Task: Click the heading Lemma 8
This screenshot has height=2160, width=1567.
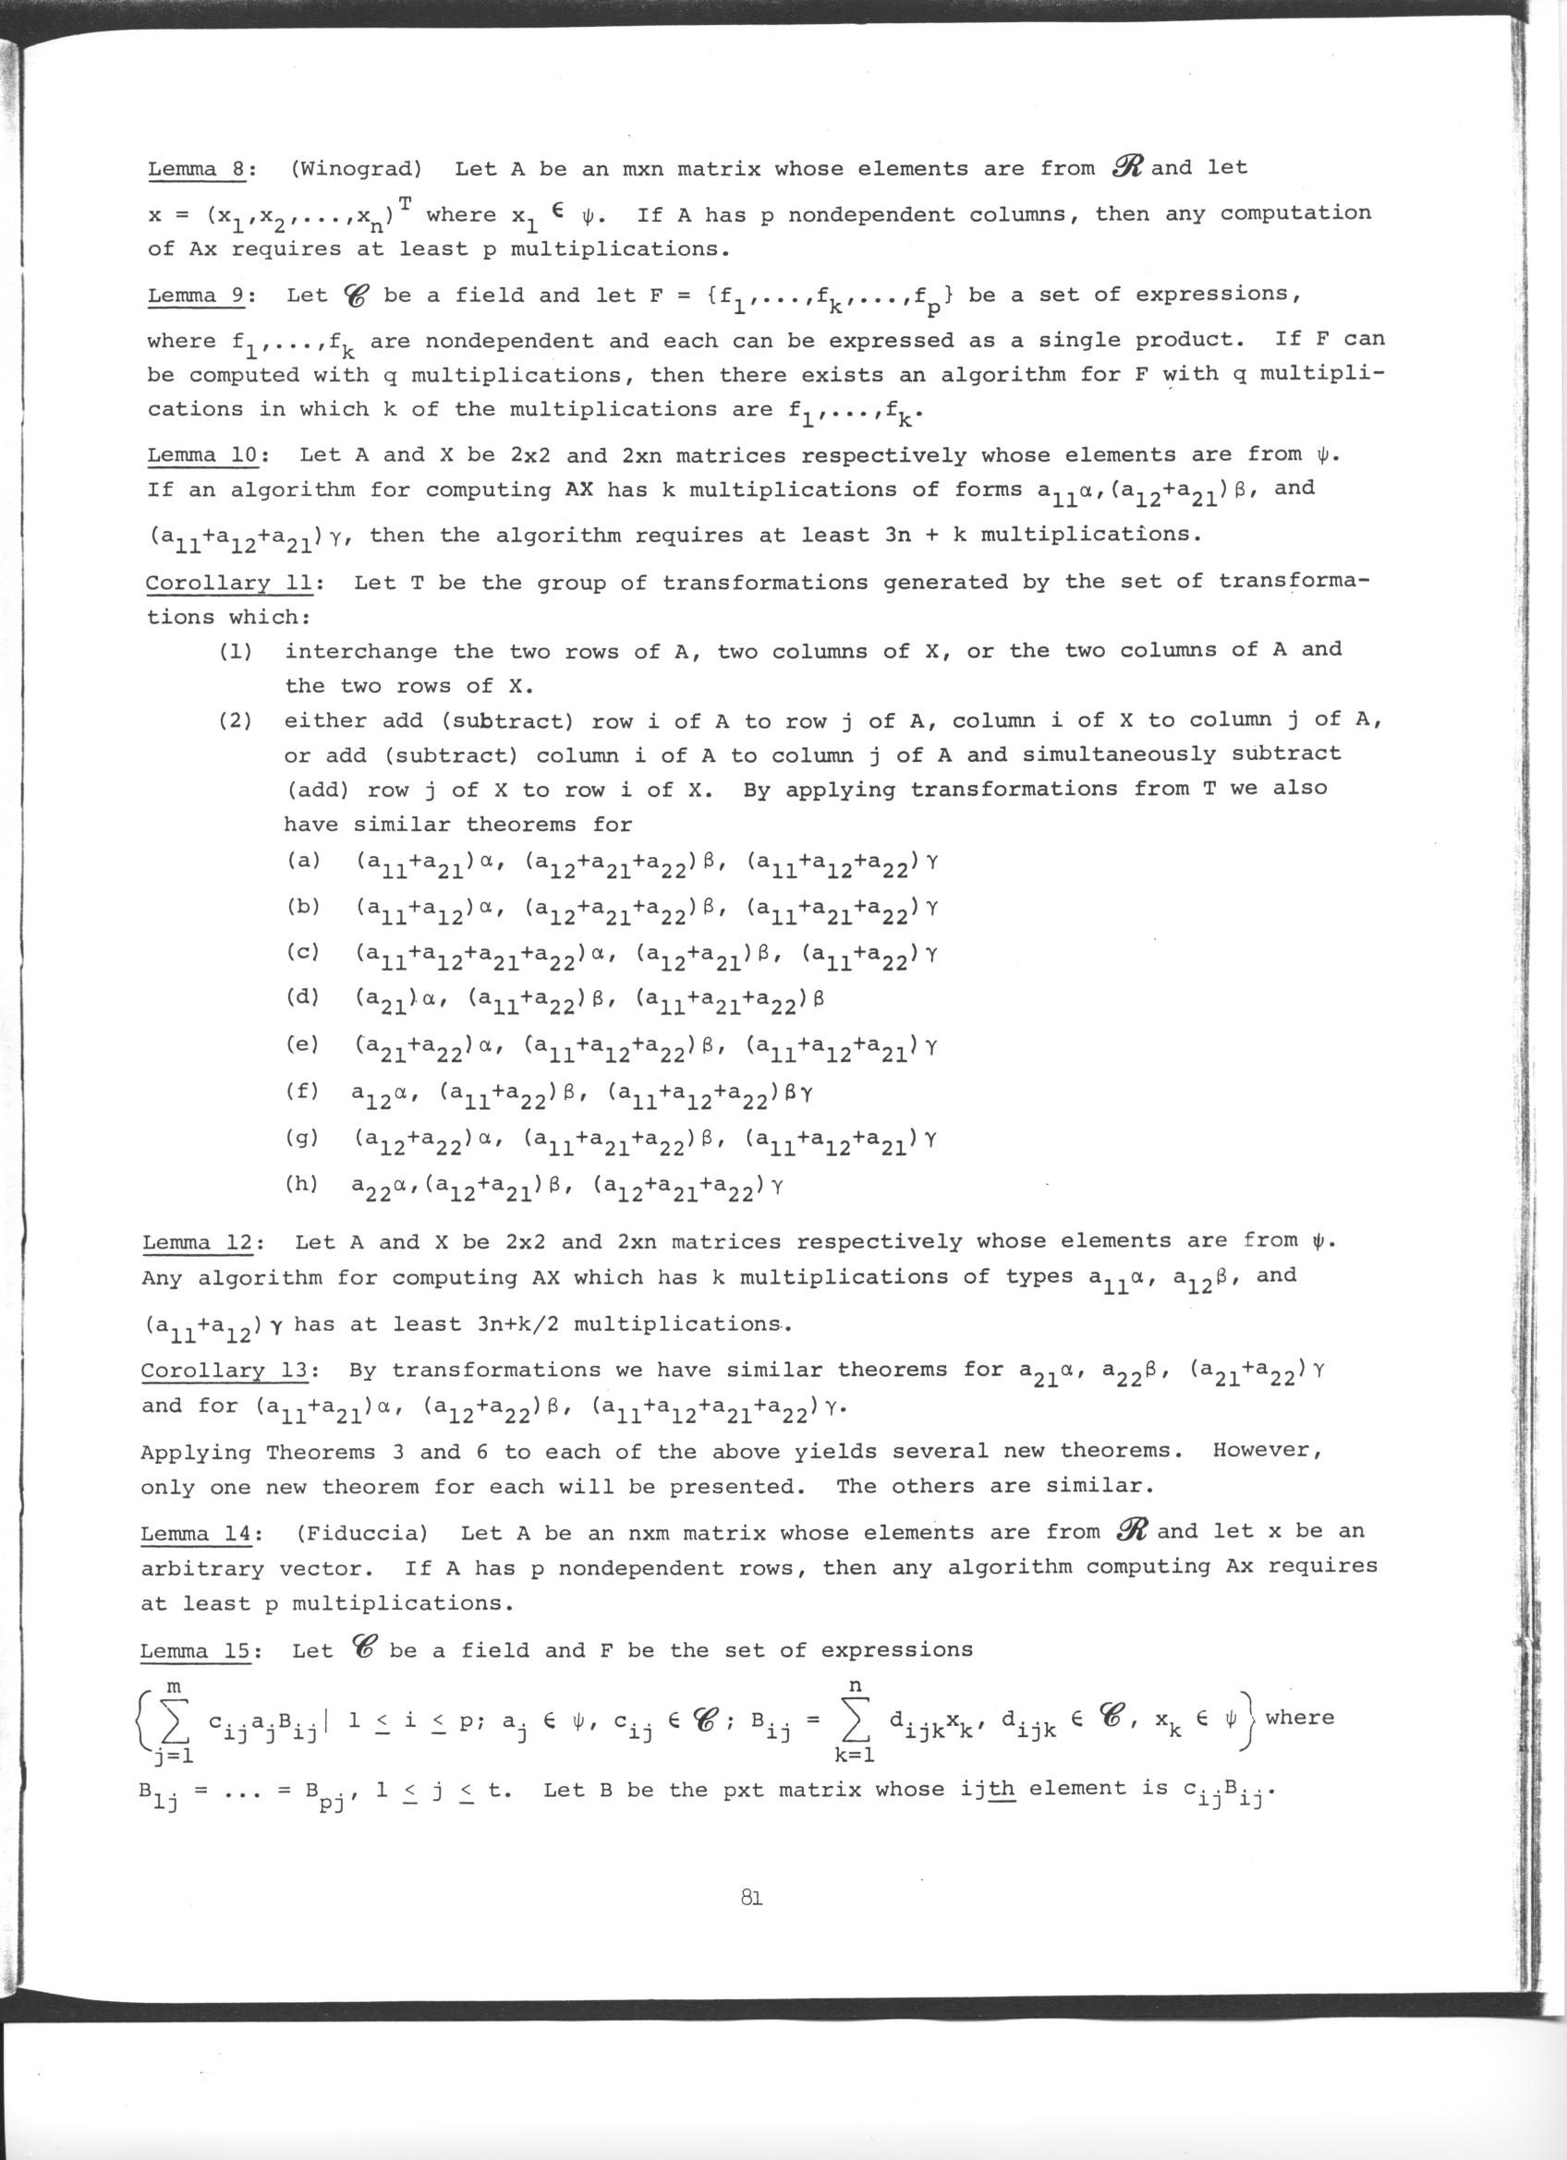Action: pyautogui.click(x=197, y=170)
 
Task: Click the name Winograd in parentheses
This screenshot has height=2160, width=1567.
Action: pyautogui.click(x=356, y=170)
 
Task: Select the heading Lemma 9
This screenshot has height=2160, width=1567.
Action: pyautogui.click(x=197, y=296)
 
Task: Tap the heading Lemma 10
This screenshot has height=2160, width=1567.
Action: pyautogui.click(x=204, y=455)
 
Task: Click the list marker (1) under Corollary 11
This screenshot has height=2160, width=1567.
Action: pyautogui.click(x=235, y=652)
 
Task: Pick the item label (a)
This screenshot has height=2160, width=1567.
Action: pyautogui.click(x=303, y=861)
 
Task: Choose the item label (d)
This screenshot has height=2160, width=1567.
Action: pyautogui.click(x=303, y=999)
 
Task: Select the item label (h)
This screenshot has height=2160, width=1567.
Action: pyautogui.click(x=303, y=1185)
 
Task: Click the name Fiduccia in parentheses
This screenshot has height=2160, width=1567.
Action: pyautogui.click(x=362, y=1533)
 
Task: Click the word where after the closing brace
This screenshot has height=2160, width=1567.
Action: pyautogui.click(x=1299, y=1717)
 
